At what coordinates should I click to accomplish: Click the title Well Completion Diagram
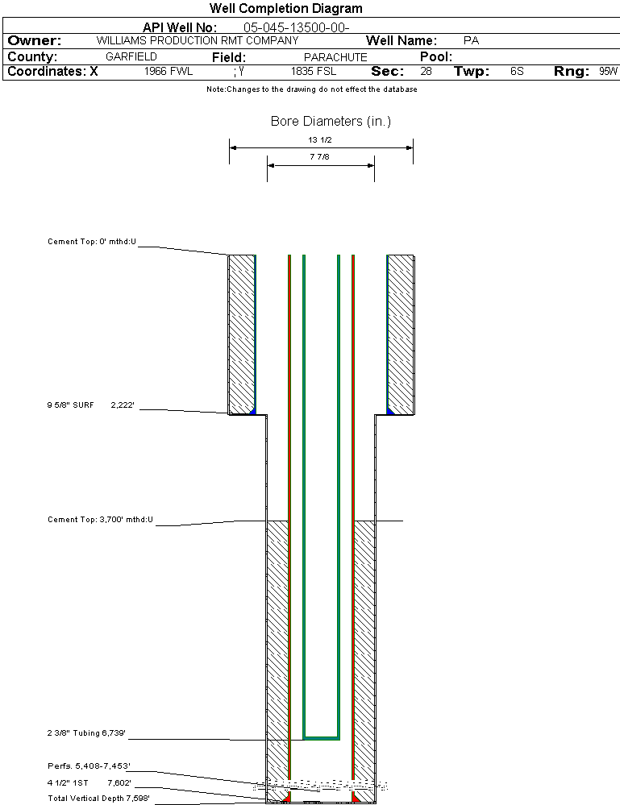pos(285,9)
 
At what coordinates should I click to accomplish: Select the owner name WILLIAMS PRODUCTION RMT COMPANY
pos(197,40)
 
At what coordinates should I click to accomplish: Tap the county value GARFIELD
pos(131,57)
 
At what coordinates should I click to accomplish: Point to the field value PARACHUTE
pos(335,57)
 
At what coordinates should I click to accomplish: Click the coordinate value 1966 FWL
pos(169,72)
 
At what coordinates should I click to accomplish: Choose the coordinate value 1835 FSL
pos(314,72)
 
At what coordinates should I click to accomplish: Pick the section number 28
pos(426,72)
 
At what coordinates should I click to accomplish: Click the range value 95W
pos(608,72)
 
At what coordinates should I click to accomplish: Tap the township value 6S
pos(517,72)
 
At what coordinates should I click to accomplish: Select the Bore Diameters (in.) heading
pos(331,122)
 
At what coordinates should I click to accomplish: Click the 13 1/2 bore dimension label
pos(320,140)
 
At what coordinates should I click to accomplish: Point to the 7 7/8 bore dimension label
pos(320,157)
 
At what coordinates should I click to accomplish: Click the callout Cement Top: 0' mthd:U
pos(92,241)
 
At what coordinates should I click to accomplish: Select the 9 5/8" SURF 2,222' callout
pos(90,406)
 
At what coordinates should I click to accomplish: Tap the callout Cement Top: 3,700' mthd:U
pos(100,520)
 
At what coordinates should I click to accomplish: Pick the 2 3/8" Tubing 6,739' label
pos(86,733)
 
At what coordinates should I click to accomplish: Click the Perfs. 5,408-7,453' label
pos(89,766)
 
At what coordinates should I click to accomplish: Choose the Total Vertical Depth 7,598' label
pos(98,798)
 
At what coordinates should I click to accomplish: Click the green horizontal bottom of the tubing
pos(321,737)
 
